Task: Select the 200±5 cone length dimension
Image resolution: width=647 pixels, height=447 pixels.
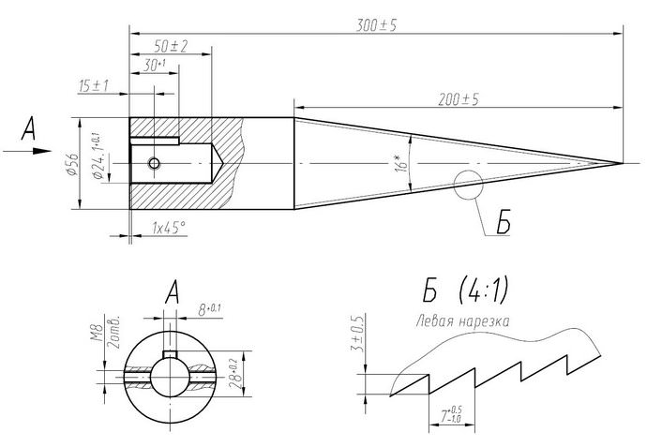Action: (458, 100)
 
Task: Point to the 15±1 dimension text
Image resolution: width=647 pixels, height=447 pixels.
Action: (94, 85)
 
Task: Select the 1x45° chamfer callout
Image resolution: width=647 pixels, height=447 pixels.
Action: (169, 227)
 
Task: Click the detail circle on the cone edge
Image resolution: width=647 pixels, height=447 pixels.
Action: (466, 186)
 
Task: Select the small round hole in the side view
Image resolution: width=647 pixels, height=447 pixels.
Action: (155, 164)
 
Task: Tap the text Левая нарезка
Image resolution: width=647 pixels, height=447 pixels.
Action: (464, 321)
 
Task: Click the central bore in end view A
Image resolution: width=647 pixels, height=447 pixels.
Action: (171, 374)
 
